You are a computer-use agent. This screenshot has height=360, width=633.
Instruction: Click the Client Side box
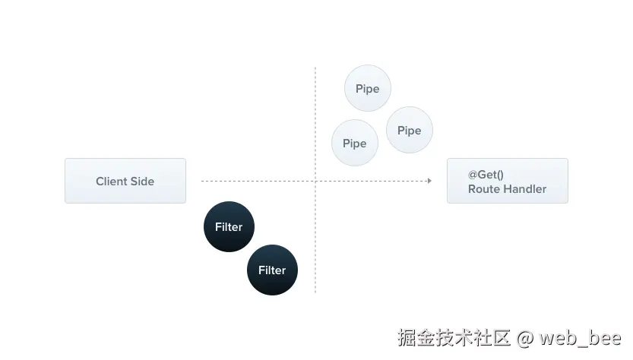point(125,181)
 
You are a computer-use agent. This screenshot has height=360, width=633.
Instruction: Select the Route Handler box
point(507,181)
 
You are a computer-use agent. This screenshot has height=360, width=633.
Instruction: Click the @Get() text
point(486,175)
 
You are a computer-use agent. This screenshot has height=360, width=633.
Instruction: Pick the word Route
point(483,189)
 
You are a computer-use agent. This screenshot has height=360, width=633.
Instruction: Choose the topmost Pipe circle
point(368,89)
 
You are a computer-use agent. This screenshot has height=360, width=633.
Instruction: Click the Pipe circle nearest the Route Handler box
point(409,130)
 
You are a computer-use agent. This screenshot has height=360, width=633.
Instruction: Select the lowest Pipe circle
point(355,143)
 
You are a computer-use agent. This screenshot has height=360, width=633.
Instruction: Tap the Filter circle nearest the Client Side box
point(229,226)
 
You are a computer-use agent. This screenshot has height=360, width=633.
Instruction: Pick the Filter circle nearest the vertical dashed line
point(272,270)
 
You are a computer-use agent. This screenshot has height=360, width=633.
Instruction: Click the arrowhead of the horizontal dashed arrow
point(429,181)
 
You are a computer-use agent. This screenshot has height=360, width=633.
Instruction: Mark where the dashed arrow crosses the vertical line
point(315,181)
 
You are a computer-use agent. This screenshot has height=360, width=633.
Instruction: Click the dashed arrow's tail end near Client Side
point(203,181)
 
